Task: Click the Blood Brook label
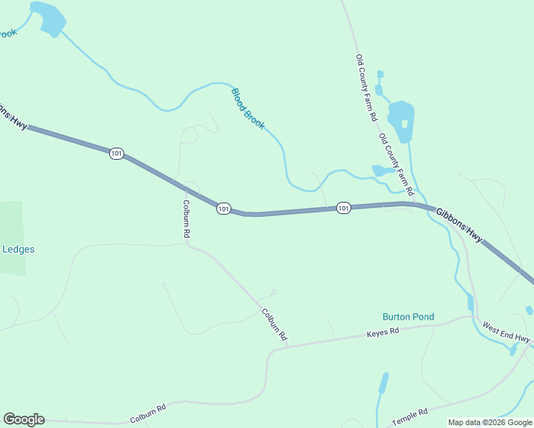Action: click(x=248, y=108)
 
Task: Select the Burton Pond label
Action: click(x=408, y=317)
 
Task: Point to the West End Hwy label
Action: click(x=506, y=332)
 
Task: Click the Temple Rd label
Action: click(x=409, y=415)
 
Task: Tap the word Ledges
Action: click(x=19, y=250)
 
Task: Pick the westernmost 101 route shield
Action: click(x=116, y=153)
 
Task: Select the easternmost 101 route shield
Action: click(x=343, y=208)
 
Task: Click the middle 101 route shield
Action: click(x=223, y=208)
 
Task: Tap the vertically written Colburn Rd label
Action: click(x=186, y=218)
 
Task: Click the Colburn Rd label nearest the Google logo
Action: click(x=148, y=412)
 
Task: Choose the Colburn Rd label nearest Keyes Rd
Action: click(x=273, y=324)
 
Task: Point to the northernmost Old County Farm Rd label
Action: click(x=366, y=88)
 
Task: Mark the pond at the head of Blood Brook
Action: click(x=51, y=19)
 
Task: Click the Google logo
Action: click(x=24, y=419)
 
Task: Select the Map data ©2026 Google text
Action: click(x=489, y=422)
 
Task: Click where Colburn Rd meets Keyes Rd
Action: click(x=283, y=347)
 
